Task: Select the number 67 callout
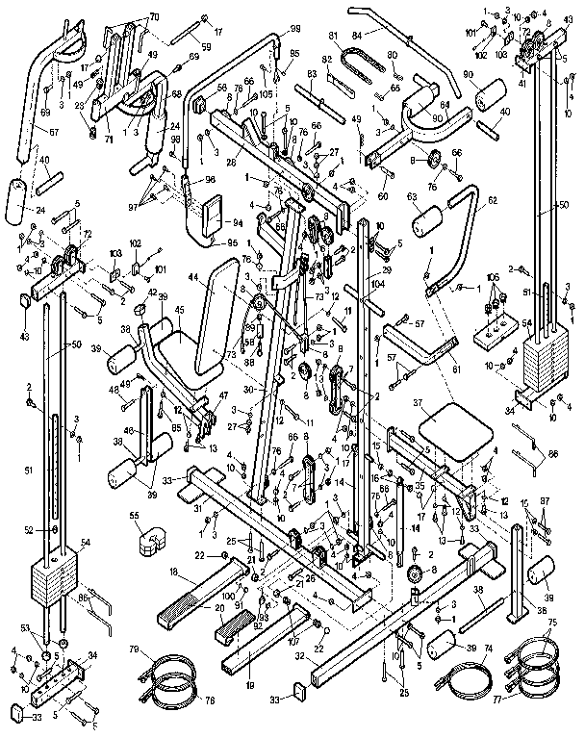tap(26, 131)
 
